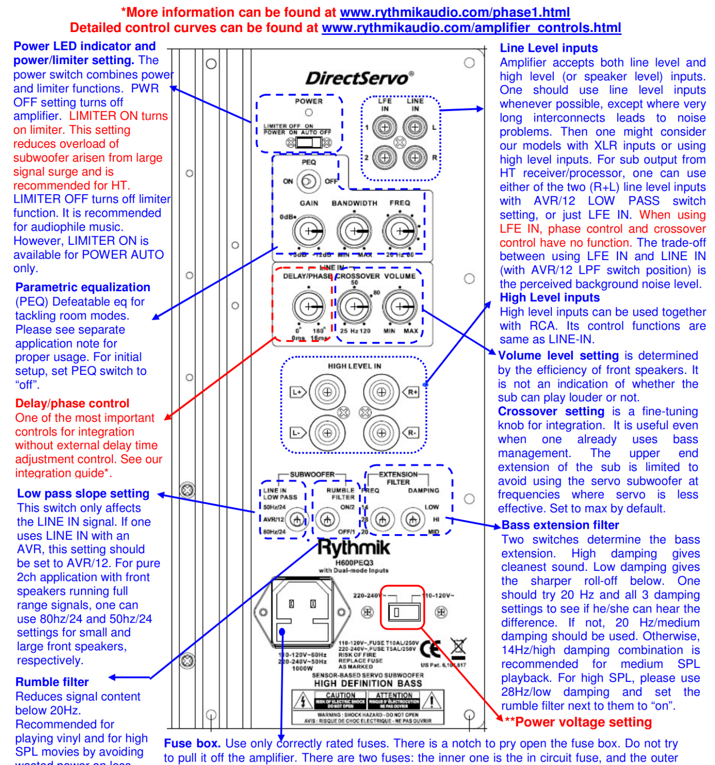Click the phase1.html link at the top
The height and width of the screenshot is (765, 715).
point(455,12)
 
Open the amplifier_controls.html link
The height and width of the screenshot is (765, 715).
point(471,28)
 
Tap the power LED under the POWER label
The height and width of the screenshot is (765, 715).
point(309,113)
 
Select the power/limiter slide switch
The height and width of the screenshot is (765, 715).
point(309,142)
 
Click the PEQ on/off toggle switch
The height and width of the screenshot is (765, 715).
point(308,181)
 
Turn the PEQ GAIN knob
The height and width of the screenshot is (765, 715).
point(309,231)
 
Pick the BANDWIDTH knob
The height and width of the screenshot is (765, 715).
point(354,231)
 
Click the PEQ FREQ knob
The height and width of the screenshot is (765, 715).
point(399,231)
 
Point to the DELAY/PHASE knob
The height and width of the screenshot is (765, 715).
point(309,306)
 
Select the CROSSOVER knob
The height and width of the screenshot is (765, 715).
point(354,306)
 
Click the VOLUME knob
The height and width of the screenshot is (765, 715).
point(399,306)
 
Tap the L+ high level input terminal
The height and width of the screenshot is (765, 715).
point(327,392)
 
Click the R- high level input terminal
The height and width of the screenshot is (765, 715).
point(381,433)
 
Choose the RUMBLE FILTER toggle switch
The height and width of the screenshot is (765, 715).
point(327,519)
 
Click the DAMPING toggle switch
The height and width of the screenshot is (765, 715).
point(413,519)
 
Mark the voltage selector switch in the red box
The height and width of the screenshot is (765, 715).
point(402,612)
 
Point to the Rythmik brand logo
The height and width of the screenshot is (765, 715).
point(354,548)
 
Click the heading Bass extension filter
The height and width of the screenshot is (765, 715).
point(560,525)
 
